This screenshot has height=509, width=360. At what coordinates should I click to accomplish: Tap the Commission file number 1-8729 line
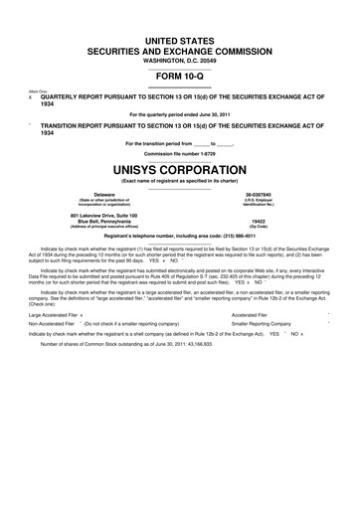point(179,152)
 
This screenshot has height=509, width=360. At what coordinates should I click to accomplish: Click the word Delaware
point(104,194)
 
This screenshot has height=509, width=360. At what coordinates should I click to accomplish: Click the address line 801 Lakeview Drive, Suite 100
point(104,215)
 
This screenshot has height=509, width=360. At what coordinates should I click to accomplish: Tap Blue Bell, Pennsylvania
point(104,222)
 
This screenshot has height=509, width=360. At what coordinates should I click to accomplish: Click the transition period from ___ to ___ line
point(179,142)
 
